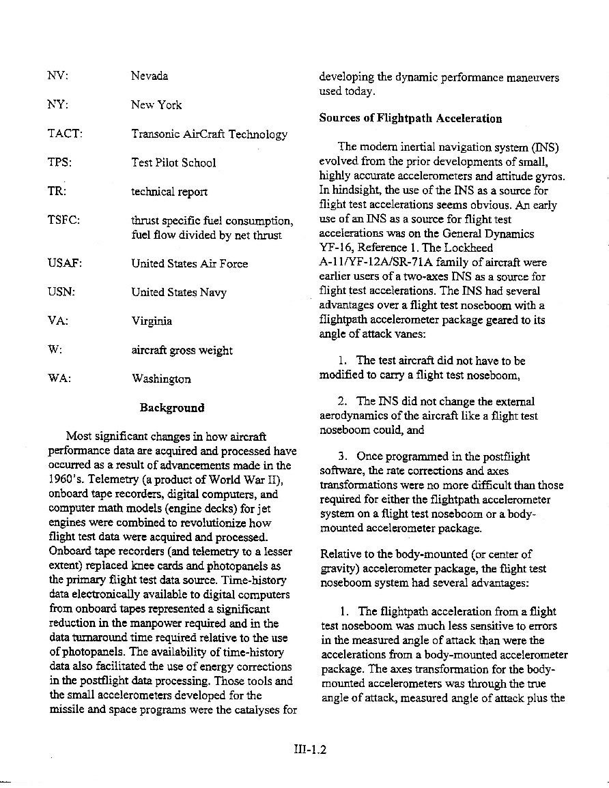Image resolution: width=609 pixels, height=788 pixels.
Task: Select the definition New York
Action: click(156, 105)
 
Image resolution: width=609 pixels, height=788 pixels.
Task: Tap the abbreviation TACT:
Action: click(65, 134)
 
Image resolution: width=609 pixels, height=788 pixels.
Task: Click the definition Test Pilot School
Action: click(173, 162)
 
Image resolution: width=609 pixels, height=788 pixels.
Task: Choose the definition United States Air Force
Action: click(189, 263)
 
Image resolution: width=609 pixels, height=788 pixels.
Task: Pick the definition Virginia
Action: click(152, 321)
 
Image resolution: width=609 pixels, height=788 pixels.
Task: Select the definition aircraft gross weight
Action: click(182, 350)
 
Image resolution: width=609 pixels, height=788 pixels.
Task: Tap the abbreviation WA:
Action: click(59, 379)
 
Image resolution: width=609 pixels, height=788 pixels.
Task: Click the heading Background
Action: click(171, 407)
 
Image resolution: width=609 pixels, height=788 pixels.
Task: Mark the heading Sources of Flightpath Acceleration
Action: click(410, 118)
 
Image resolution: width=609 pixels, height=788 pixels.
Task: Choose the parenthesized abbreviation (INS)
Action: click(543, 147)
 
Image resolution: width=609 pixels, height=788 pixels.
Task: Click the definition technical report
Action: click(169, 192)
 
